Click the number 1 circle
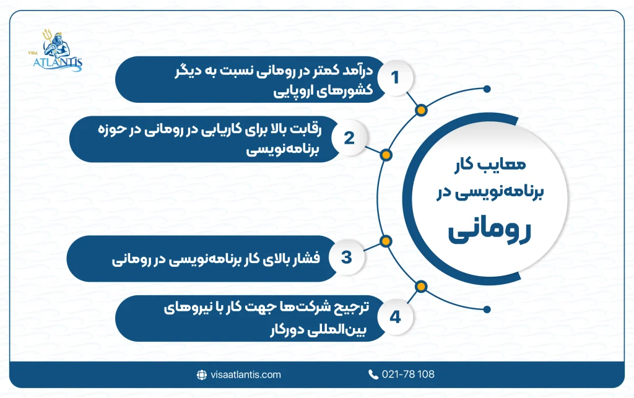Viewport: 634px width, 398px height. pos(394,79)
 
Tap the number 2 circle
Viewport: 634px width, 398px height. pos(349,138)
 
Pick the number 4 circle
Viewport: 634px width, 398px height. pos(394,318)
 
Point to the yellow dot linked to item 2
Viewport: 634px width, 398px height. pos(385,155)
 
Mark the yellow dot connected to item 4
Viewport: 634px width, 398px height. pos(422,285)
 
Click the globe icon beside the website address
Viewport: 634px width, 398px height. pos(201,374)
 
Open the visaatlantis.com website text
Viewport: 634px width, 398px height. pos(245,374)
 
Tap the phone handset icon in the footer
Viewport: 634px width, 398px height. pos(373,374)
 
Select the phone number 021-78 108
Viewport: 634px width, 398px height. pos(409,374)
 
